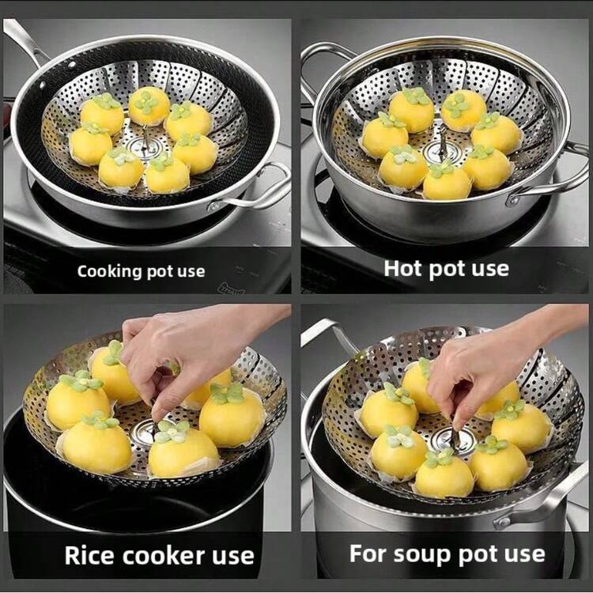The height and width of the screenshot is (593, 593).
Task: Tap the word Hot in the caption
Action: pos(403,269)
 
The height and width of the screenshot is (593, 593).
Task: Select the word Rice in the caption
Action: pos(90,555)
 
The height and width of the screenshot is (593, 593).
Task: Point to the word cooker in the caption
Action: pos(164,556)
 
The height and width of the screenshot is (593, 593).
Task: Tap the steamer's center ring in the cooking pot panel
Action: pos(141,145)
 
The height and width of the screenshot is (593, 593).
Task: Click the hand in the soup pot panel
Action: pos(492,363)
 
